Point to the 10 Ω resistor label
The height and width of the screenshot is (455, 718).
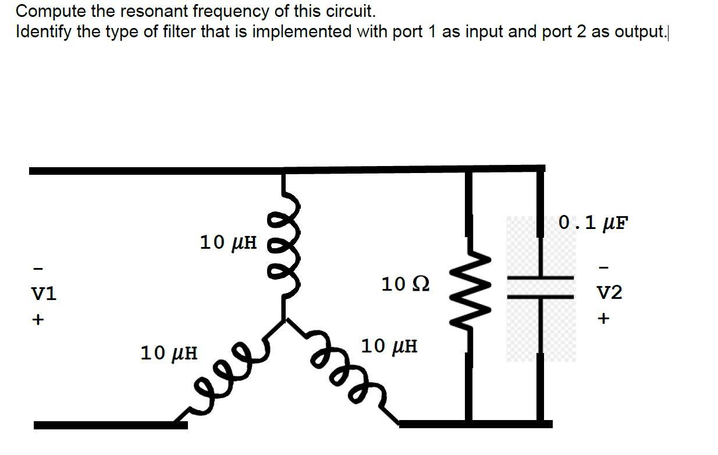coord(406,284)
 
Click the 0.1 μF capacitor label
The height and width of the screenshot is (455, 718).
coord(593,223)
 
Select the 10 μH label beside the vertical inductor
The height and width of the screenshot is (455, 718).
coord(228,242)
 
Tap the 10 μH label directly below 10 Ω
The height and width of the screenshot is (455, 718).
coord(389,347)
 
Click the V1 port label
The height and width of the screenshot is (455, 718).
coord(43,294)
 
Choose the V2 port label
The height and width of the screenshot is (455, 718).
coord(609,292)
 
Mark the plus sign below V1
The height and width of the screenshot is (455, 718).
coord(38,320)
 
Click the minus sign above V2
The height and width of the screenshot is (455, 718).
coord(603,268)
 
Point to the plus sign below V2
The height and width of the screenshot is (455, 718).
coord(603,319)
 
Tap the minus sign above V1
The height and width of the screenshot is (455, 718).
coord(38,269)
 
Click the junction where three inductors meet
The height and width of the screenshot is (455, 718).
coord(284,320)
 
